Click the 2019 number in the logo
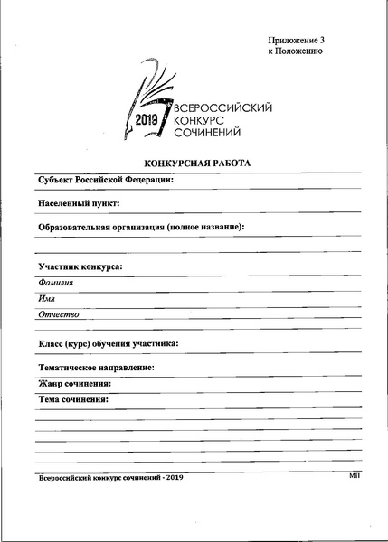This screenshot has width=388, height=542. pos(147,119)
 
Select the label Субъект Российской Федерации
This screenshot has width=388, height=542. pos(106,180)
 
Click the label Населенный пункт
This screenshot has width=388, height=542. pos(80,203)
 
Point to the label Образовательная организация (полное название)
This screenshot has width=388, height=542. pos(142,227)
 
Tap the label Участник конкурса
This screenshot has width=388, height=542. pos(80,267)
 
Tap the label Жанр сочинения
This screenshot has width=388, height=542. pos(75,383)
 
